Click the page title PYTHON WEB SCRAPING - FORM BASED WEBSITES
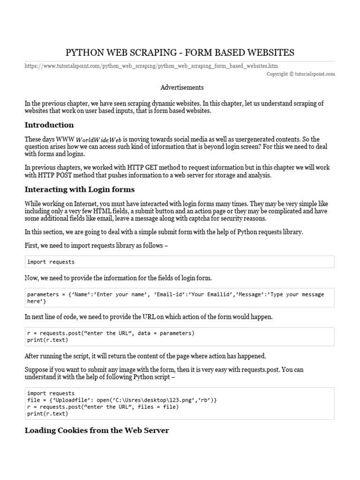(180, 52)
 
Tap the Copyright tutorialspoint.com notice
(301, 74)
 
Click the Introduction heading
(49, 125)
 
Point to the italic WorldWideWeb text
(98, 140)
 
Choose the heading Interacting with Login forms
(79, 189)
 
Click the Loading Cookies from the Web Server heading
(97, 430)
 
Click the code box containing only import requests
(180, 262)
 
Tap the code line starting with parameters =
(175, 294)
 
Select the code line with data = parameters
(111, 333)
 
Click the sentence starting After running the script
(145, 356)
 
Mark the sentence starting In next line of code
(149, 317)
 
